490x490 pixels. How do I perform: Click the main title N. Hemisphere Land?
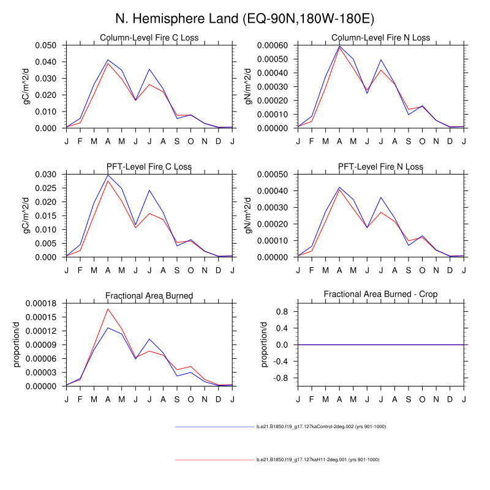point(245,18)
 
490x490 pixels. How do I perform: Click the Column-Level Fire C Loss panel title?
point(149,38)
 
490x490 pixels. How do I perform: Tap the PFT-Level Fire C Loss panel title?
point(149,167)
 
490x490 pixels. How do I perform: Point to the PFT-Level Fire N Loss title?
point(380,167)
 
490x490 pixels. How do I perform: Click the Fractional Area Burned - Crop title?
point(380,295)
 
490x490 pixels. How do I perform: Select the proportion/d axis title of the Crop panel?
point(265,344)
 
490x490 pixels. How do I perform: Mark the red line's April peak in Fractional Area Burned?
point(108,309)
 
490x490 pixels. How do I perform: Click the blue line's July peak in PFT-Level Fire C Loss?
point(149,190)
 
